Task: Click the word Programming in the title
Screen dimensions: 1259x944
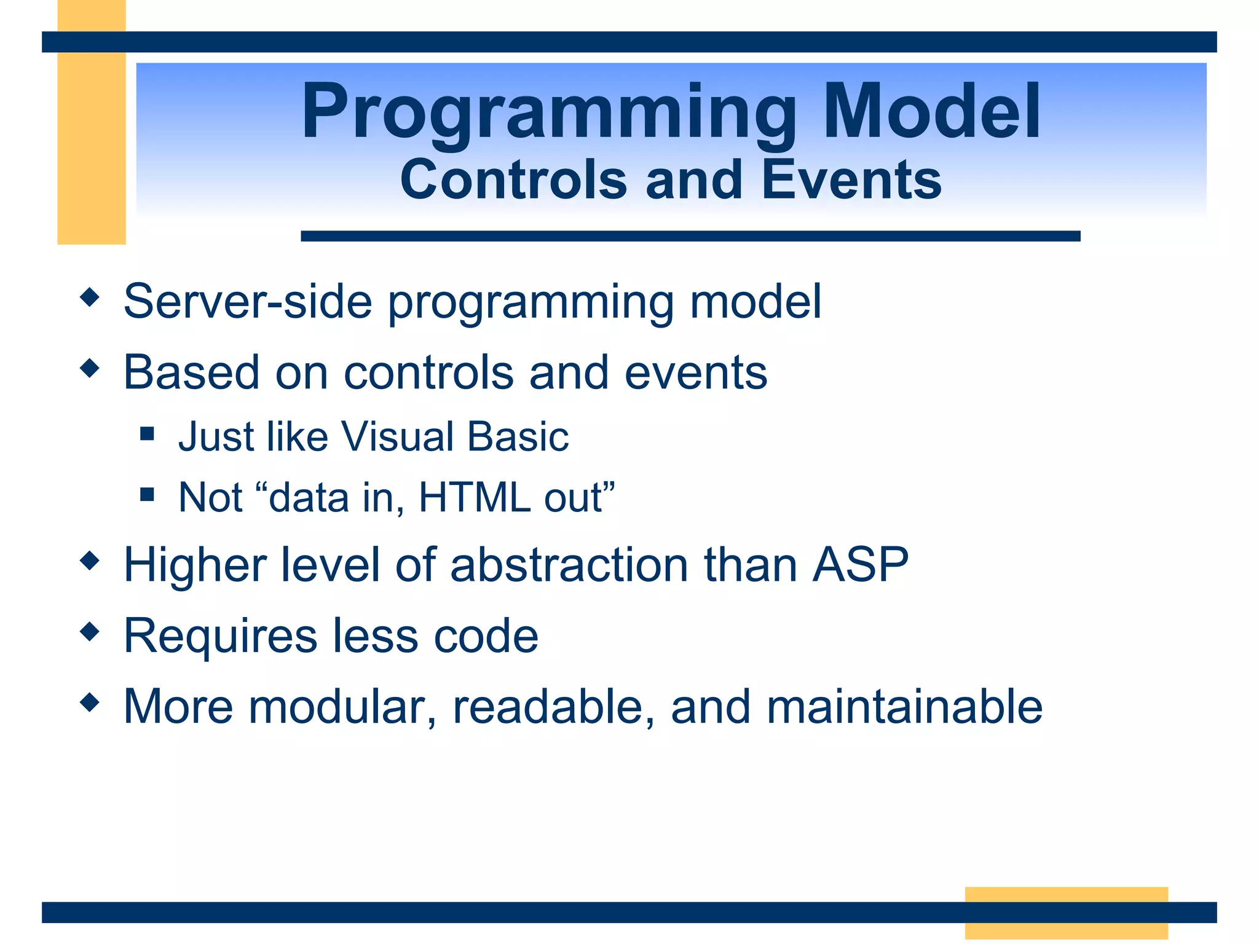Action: tap(549, 115)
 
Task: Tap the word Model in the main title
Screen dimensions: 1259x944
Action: tap(932, 111)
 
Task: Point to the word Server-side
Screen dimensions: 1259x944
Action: tap(248, 301)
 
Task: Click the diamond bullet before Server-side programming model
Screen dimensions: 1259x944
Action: tap(90, 297)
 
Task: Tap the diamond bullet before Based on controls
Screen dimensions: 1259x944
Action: tap(90, 368)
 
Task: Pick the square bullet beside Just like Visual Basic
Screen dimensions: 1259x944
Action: tap(147, 434)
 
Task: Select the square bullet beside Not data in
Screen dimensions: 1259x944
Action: tap(147, 494)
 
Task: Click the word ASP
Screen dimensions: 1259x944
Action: tap(860, 564)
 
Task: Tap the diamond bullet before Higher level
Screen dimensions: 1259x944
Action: tap(90, 560)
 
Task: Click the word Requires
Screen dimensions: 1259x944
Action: tap(221, 635)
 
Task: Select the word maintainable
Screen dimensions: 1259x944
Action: tap(905, 706)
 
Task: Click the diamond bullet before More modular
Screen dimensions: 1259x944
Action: tap(90, 702)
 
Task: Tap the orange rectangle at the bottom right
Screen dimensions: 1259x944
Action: tap(1067, 913)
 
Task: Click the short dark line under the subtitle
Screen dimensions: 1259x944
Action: tap(690, 236)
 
